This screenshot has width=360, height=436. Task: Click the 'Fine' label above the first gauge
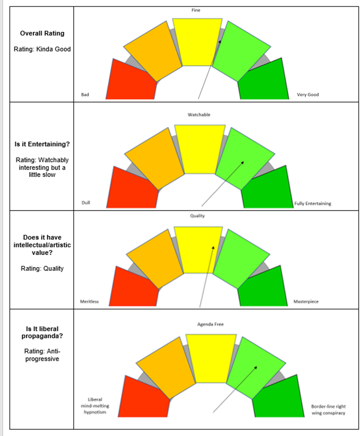pos(195,10)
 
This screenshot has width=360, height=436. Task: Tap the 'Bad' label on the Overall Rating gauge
pos(85,95)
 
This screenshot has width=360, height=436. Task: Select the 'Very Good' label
pos(308,95)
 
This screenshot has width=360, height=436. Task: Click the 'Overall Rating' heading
pos(42,33)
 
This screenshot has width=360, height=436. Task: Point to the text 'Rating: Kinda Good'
pos(42,49)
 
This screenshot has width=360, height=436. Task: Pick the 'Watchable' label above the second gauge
pos(199,115)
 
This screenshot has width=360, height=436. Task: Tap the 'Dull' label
pos(86,203)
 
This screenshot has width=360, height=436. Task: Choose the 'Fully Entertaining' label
pos(313,204)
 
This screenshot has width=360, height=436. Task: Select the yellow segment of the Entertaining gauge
pos(200,149)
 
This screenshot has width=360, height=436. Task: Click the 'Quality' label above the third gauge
pos(197,216)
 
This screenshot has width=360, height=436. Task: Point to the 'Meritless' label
pos(90,302)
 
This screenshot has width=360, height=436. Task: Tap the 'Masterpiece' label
pos(306,302)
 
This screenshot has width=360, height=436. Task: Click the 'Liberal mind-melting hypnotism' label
pos(95,406)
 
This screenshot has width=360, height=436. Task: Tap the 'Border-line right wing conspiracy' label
pos(328,410)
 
